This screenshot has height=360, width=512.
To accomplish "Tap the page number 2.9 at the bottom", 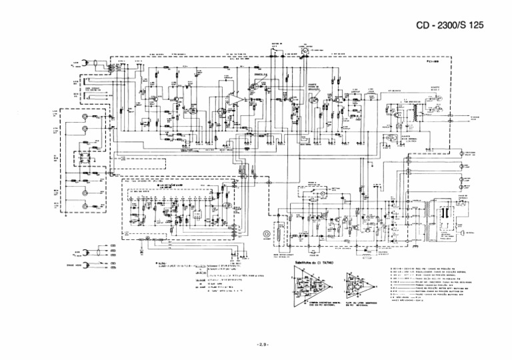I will click(x=261, y=344).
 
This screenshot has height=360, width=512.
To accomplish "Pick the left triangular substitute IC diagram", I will click(x=311, y=287).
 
